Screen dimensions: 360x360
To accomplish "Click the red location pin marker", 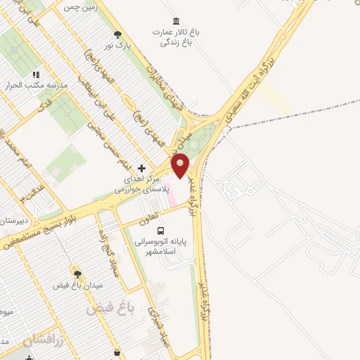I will point(181,167).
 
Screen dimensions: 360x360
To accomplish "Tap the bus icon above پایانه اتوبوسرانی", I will point(161,230).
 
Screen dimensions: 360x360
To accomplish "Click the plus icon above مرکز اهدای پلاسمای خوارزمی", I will point(142,169).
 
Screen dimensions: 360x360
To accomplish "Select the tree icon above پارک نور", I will point(117,34).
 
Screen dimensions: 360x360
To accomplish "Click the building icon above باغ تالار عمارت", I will point(175,22).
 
